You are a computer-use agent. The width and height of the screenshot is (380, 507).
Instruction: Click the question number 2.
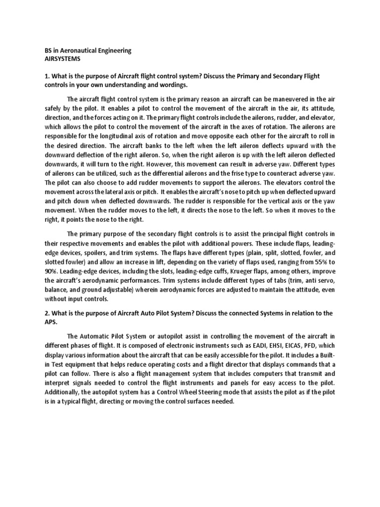click(41, 313)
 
